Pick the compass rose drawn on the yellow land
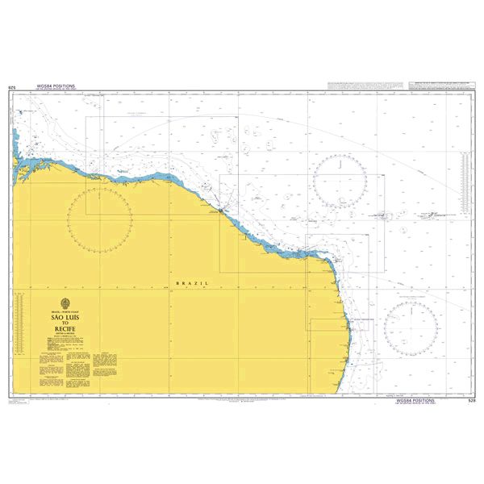(x=100, y=218)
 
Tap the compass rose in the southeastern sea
(x=411, y=324)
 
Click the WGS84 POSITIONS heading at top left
(x=56, y=85)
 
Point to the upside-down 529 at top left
(x=11, y=86)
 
